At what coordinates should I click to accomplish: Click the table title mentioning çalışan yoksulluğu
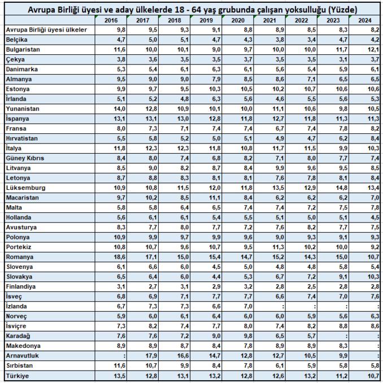pyautogui.click(x=191, y=10)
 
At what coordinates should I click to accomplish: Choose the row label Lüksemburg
pyautogui.click(x=25, y=188)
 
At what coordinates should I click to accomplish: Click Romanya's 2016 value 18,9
pyautogui.click(x=119, y=256)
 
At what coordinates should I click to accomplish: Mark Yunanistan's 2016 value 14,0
pyautogui.click(x=119, y=108)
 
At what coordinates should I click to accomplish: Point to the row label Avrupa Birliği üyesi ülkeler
pyautogui.click(x=46, y=29)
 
